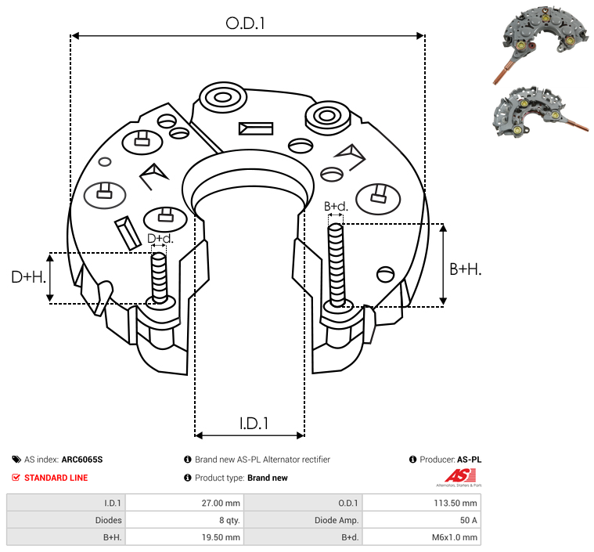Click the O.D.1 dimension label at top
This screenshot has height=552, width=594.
click(246, 23)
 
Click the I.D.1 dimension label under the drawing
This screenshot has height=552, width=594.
click(254, 423)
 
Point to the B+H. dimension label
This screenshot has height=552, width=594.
click(465, 269)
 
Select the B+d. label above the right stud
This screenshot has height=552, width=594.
click(336, 207)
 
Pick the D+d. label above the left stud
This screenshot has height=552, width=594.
click(159, 238)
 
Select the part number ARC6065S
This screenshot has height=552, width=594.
click(81, 460)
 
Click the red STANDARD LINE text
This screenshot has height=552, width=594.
click(56, 478)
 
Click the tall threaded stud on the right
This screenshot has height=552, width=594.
click(337, 265)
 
